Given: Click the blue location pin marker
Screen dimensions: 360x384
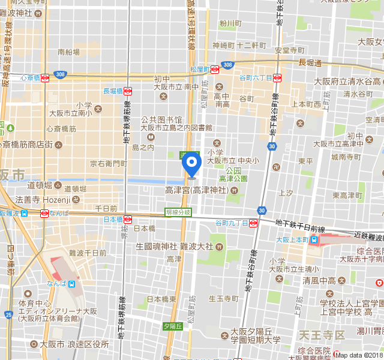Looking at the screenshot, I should [x=191, y=164].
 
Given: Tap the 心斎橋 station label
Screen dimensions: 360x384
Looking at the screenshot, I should [x=30, y=78].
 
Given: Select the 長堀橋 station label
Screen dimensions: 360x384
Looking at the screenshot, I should [x=113, y=91].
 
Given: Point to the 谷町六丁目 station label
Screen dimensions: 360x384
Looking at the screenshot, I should [x=255, y=78].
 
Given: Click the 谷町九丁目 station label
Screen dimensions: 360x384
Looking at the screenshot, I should [x=230, y=223].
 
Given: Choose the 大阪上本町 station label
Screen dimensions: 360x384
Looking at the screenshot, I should [x=291, y=239].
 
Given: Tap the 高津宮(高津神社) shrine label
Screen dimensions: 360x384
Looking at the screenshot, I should [x=196, y=190].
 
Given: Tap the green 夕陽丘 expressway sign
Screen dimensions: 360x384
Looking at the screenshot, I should [x=172, y=326].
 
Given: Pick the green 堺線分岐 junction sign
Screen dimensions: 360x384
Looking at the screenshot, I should [x=178, y=212].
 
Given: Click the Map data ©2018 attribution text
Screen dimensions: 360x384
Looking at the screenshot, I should [x=358, y=355].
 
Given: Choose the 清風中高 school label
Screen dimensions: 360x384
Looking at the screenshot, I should [x=318, y=280].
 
